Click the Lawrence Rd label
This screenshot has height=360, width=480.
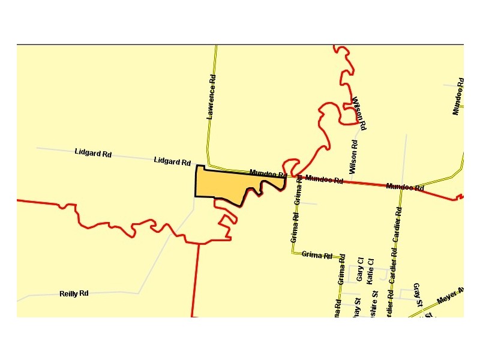(211, 97)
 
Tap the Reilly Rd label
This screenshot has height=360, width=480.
(74, 293)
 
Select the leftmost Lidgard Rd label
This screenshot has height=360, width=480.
(93, 153)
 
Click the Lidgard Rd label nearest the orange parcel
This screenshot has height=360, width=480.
(172, 161)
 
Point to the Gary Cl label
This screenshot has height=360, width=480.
(360, 269)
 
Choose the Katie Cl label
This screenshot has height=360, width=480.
(370, 271)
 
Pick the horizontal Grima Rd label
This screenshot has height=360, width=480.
(317, 255)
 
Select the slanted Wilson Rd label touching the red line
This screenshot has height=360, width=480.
(359, 113)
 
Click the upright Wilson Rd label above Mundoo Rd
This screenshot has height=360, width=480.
(354, 156)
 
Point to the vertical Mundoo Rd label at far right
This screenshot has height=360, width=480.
(458, 96)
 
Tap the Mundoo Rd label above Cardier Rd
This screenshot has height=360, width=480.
(405, 187)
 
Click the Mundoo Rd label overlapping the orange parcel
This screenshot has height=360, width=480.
(268, 174)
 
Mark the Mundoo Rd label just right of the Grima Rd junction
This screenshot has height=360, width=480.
(324, 179)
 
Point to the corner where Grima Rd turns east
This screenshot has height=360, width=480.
(293, 253)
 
